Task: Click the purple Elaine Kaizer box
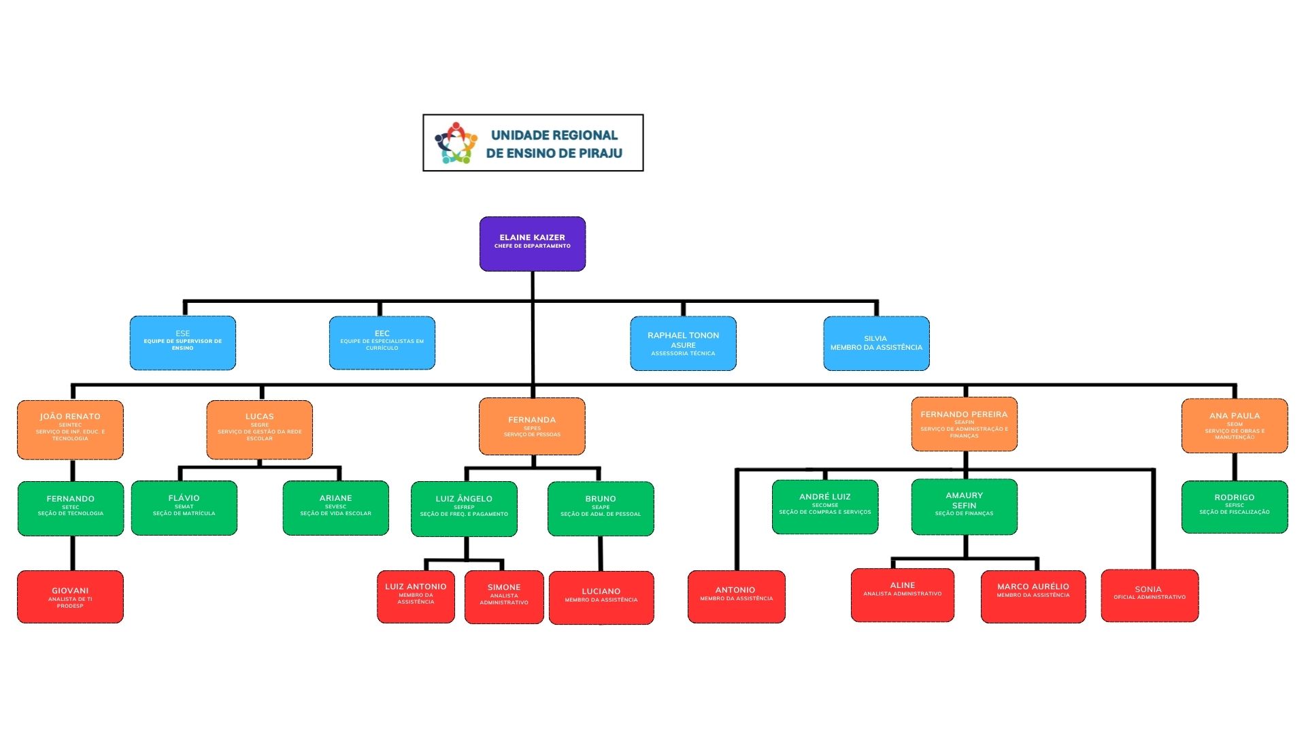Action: pyautogui.click(x=532, y=244)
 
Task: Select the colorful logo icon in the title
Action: pyautogui.click(x=456, y=143)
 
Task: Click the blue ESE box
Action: pyautogui.click(x=182, y=343)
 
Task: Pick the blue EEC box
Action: pyautogui.click(x=382, y=343)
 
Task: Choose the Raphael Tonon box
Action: pyautogui.click(x=683, y=343)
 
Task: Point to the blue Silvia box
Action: pyautogui.click(x=876, y=343)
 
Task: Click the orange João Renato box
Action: pyautogui.click(x=70, y=429)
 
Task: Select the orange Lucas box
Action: pyautogui.click(x=259, y=429)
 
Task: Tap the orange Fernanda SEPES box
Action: pyautogui.click(x=532, y=427)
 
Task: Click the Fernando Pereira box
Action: pyautogui.click(x=964, y=424)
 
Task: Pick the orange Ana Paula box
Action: pyautogui.click(x=1234, y=426)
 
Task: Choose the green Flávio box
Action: pyautogui.click(x=184, y=508)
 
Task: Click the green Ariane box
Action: pyautogui.click(x=335, y=508)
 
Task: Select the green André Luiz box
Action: pyautogui.click(x=824, y=506)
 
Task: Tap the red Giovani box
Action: pyautogui.click(x=70, y=597)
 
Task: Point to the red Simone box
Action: pyautogui.click(x=503, y=597)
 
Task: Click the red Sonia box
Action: pyautogui.click(x=1149, y=595)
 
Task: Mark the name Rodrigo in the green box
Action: pyautogui.click(x=1234, y=497)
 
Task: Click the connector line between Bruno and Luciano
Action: pyautogui.click(x=600, y=553)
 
